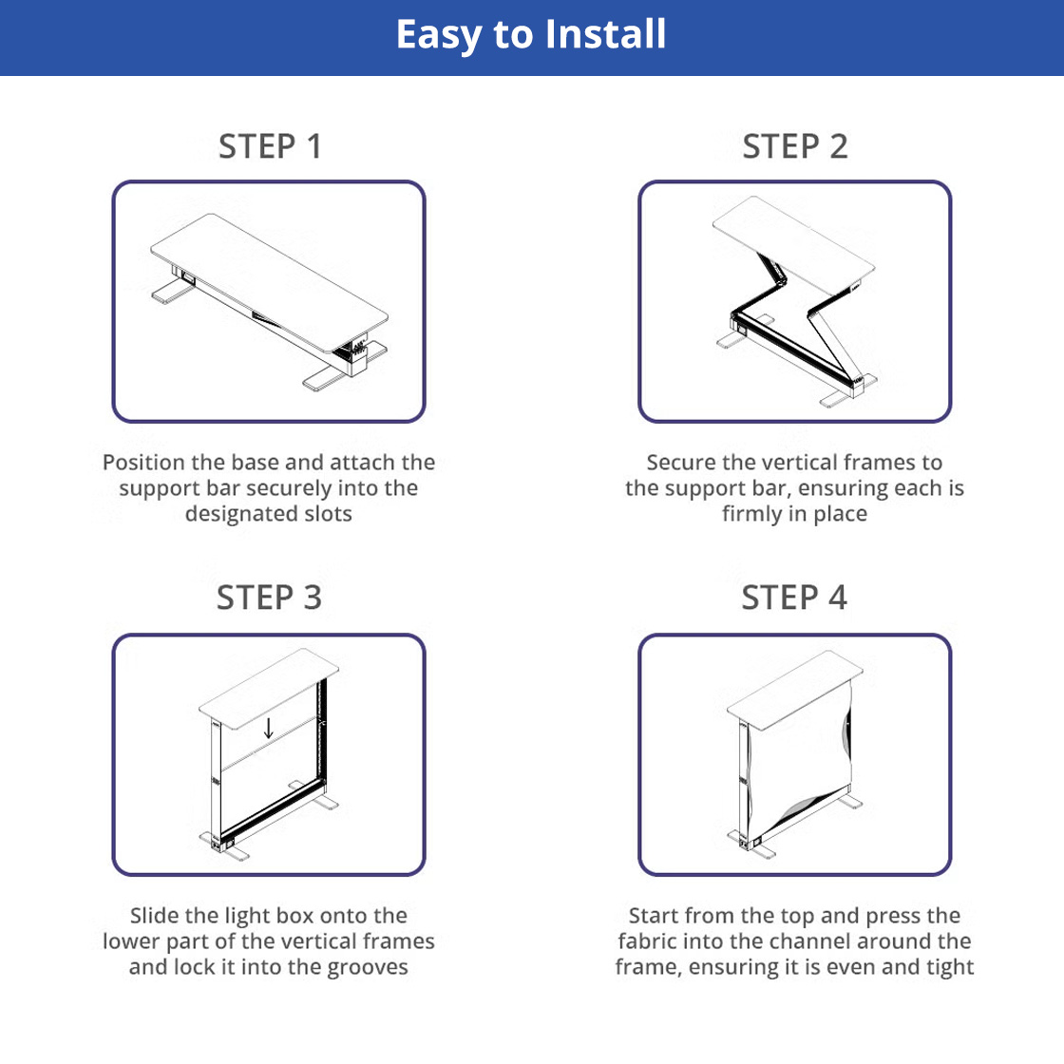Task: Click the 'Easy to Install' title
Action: pyautogui.click(x=531, y=34)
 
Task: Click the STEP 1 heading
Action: pyautogui.click(x=270, y=146)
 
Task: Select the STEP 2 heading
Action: pyautogui.click(x=794, y=146)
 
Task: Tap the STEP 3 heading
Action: pyautogui.click(x=269, y=598)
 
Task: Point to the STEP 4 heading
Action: pyautogui.click(x=794, y=598)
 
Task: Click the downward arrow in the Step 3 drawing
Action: pyautogui.click(x=268, y=728)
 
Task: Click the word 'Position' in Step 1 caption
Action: pyautogui.click(x=143, y=462)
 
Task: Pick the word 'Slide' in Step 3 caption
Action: pyautogui.click(x=155, y=916)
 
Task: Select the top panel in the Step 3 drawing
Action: pyautogui.click(x=269, y=688)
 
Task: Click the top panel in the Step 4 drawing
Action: pyautogui.click(x=794, y=690)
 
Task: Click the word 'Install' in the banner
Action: pyautogui.click(x=605, y=34)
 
